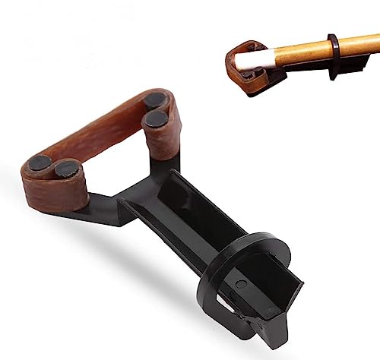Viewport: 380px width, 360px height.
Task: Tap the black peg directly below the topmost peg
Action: click(157, 120)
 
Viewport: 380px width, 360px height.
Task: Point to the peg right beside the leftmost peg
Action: click(68, 168)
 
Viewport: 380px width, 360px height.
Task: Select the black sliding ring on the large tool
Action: click(251, 251)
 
